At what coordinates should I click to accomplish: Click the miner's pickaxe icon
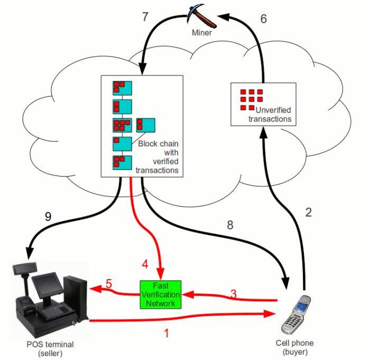click(x=202, y=15)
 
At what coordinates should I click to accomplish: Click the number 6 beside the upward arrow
click(x=264, y=19)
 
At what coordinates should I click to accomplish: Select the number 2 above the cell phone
click(x=309, y=213)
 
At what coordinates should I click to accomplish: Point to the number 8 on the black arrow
click(x=229, y=225)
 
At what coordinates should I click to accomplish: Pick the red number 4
click(x=146, y=262)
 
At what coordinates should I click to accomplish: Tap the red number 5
click(x=108, y=284)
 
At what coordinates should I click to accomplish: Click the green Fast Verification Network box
click(x=160, y=294)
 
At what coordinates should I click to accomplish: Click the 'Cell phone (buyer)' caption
click(x=294, y=347)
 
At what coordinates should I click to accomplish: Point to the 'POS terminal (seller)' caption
click(x=50, y=349)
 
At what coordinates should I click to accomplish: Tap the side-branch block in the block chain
click(x=145, y=125)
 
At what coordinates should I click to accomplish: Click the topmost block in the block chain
click(x=122, y=87)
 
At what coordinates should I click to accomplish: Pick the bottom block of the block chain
click(x=122, y=162)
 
